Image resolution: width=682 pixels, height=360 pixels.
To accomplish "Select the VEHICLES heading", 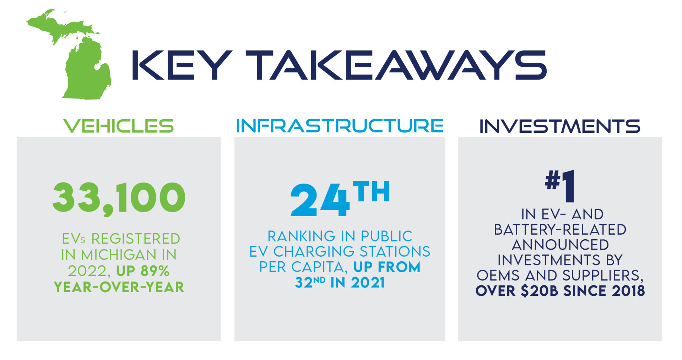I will (119, 126).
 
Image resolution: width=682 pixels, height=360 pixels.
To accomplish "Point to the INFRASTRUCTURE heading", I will (340, 126).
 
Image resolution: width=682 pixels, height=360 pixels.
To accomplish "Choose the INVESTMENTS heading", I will (560, 126).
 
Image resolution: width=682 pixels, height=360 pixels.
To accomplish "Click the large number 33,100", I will (119, 198).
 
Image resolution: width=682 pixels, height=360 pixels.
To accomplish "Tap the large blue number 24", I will (320, 201).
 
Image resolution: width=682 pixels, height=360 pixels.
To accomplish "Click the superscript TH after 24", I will (372, 192).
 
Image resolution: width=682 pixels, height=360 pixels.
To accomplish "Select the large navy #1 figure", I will (560, 185).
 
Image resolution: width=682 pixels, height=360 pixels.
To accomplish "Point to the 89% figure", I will (155, 271).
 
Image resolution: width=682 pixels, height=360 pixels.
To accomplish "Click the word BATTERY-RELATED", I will (560, 230).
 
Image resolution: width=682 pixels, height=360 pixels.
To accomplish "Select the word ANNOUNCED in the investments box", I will (560, 245).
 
